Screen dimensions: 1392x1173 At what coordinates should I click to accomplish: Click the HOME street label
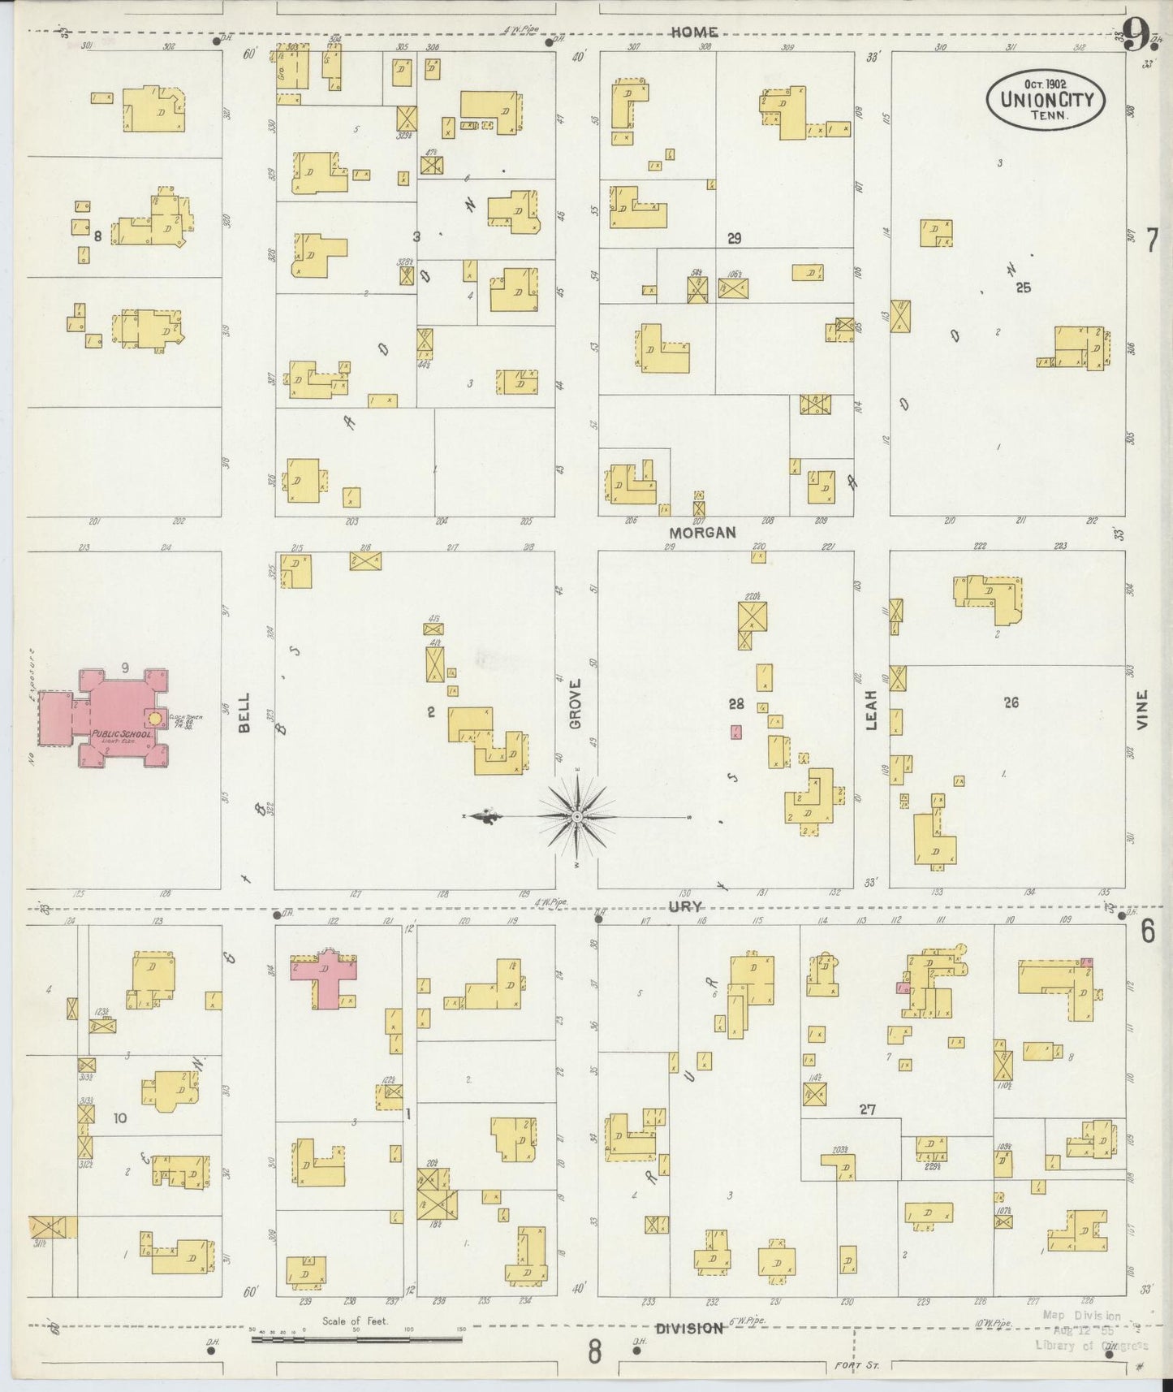click(694, 32)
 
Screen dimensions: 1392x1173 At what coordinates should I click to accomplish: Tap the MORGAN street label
click(702, 533)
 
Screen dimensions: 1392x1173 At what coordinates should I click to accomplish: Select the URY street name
click(685, 906)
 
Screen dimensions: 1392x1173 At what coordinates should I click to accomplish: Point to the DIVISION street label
click(689, 1329)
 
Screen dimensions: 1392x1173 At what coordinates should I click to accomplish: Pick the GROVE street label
click(576, 703)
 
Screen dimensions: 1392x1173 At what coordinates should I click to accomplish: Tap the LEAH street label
click(872, 710)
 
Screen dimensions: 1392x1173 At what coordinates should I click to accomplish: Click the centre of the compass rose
click(576, 815)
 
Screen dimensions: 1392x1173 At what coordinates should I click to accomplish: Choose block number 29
click(735, 238)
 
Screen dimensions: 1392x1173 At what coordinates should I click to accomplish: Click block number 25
click(1023, 287)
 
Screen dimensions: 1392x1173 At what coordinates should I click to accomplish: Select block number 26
click(1011, 702)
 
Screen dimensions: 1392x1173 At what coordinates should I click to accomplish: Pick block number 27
click(868, 1109)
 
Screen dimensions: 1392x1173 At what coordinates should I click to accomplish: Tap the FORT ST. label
click(852, 1366)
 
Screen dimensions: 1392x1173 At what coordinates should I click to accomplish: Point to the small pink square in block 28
click(735, 732)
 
